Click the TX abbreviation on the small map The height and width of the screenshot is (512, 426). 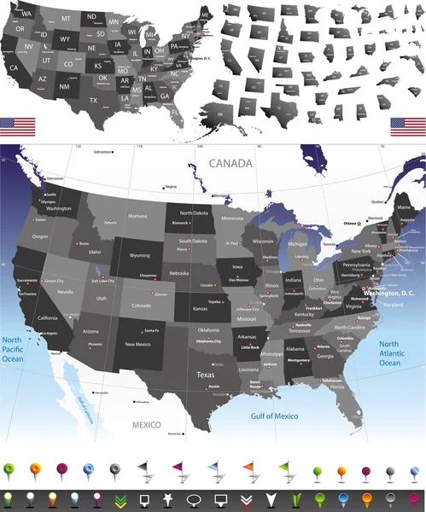pos(93,100)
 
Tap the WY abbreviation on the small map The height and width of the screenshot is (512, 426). pos(65,39)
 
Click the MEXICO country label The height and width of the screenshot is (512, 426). pos(147,423)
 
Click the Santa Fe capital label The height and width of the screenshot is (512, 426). pos(151,330)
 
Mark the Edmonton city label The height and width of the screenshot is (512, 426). pos(103,152)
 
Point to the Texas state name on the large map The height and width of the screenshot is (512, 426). pos(206,375)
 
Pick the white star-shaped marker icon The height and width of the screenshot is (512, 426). pos(169,497)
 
